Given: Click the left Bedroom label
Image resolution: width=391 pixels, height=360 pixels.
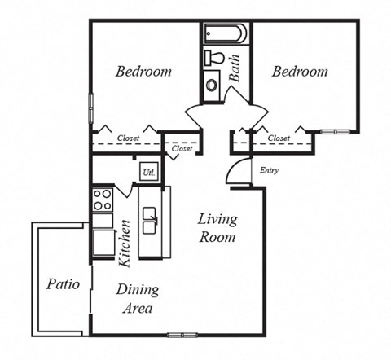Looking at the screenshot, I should tap(143, 72).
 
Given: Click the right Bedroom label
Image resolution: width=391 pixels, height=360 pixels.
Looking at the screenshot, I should tap(299, 72).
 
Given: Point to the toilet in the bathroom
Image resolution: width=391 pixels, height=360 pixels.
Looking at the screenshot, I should tap(214, 58).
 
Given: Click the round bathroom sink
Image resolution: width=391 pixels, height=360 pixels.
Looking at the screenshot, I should tap(213, 84).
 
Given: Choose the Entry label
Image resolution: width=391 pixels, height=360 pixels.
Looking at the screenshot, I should tap(269, 170).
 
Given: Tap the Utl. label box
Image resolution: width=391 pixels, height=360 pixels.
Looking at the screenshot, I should tap(148, 173).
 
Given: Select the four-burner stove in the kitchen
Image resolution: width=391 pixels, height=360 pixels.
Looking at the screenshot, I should tap(103, 200).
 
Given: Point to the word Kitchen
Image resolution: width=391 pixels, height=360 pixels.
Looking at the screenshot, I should tap(125, 243).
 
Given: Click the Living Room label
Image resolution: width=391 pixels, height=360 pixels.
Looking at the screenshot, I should tap(218, 229).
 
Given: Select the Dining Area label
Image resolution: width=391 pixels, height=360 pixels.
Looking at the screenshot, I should tap(137, 299).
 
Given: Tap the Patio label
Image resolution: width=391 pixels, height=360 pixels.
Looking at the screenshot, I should tap(63, 284).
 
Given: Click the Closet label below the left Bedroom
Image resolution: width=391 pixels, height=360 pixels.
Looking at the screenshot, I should tap(129, 138).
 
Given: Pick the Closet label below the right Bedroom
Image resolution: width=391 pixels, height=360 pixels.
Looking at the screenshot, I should tap(279, 138).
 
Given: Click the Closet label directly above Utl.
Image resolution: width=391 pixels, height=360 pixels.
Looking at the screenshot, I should tap(182, 149).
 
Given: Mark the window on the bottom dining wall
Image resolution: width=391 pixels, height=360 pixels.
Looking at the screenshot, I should tap(182, 334).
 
